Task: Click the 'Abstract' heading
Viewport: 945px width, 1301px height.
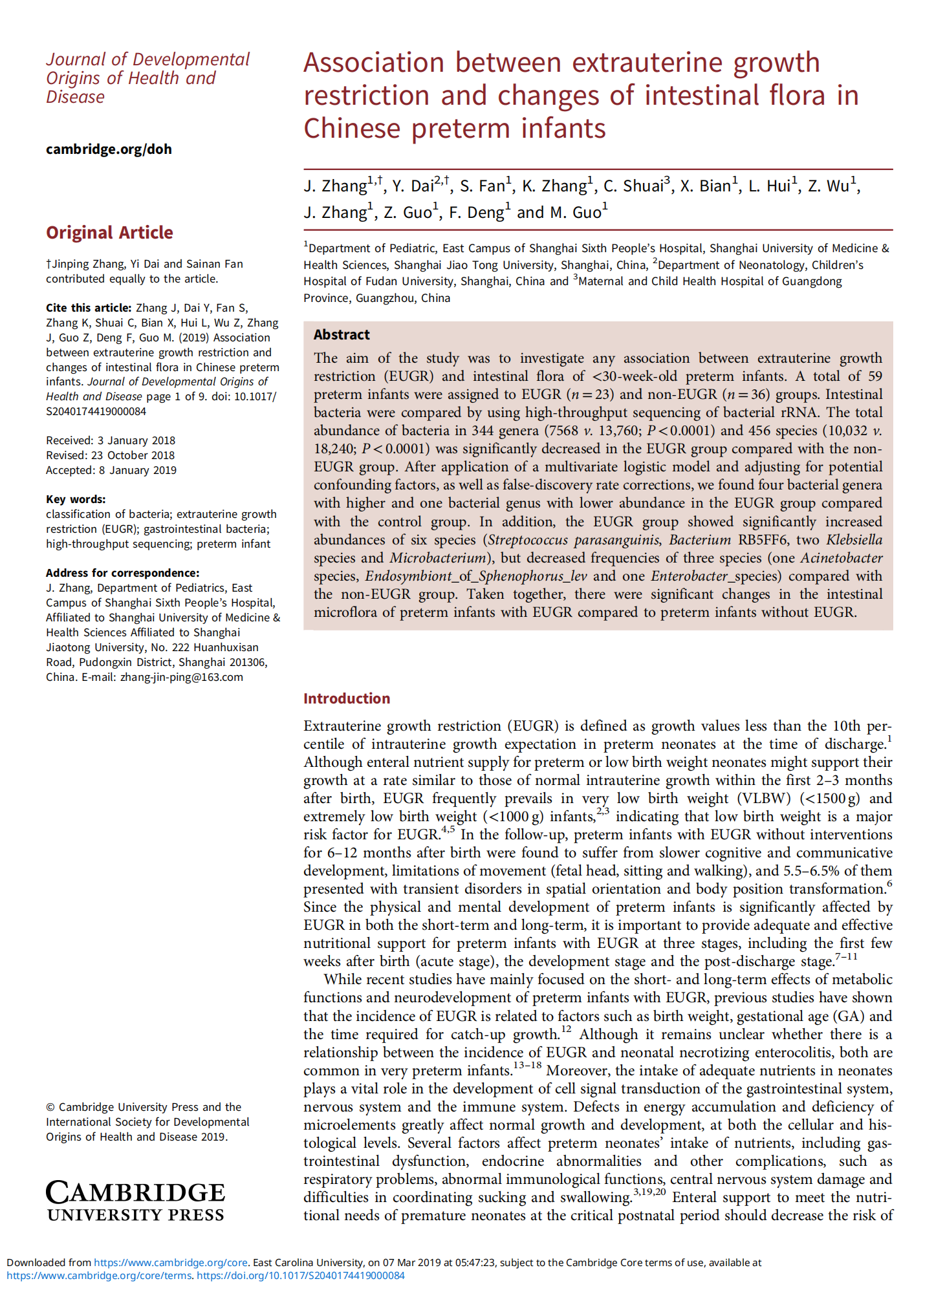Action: (x=342, y=334)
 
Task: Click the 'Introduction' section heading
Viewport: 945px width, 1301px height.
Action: (x=347, y=698)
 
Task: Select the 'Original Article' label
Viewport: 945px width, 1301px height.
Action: (x=109, y=233)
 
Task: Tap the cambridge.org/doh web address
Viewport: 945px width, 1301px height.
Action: (x=109, y=149)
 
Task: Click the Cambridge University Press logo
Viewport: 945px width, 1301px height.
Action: (x=136, y=1201)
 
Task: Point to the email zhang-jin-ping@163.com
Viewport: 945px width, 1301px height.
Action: (x=181, y=677)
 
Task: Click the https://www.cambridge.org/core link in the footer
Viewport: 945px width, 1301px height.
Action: (x=171, y=1262)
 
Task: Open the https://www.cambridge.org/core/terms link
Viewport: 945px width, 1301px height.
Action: (x=99, y=1275)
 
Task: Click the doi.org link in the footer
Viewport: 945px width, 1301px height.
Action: (x=301, y=1275)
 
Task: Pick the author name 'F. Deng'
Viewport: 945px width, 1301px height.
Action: (x=476, y=213)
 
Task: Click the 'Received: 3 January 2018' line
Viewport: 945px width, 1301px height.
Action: (x=111, y=440)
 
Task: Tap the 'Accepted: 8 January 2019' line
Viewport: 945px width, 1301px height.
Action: (x=111, y=470)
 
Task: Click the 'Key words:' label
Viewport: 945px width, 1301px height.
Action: (x=76, y=499)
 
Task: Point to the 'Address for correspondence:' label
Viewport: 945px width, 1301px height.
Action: (x=122, y=573)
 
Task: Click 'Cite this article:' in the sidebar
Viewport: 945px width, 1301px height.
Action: (x=89, y=308)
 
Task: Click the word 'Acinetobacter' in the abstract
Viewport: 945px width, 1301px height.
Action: (x=842, y=558)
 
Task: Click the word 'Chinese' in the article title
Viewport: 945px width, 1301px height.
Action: (x=352, y=128)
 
